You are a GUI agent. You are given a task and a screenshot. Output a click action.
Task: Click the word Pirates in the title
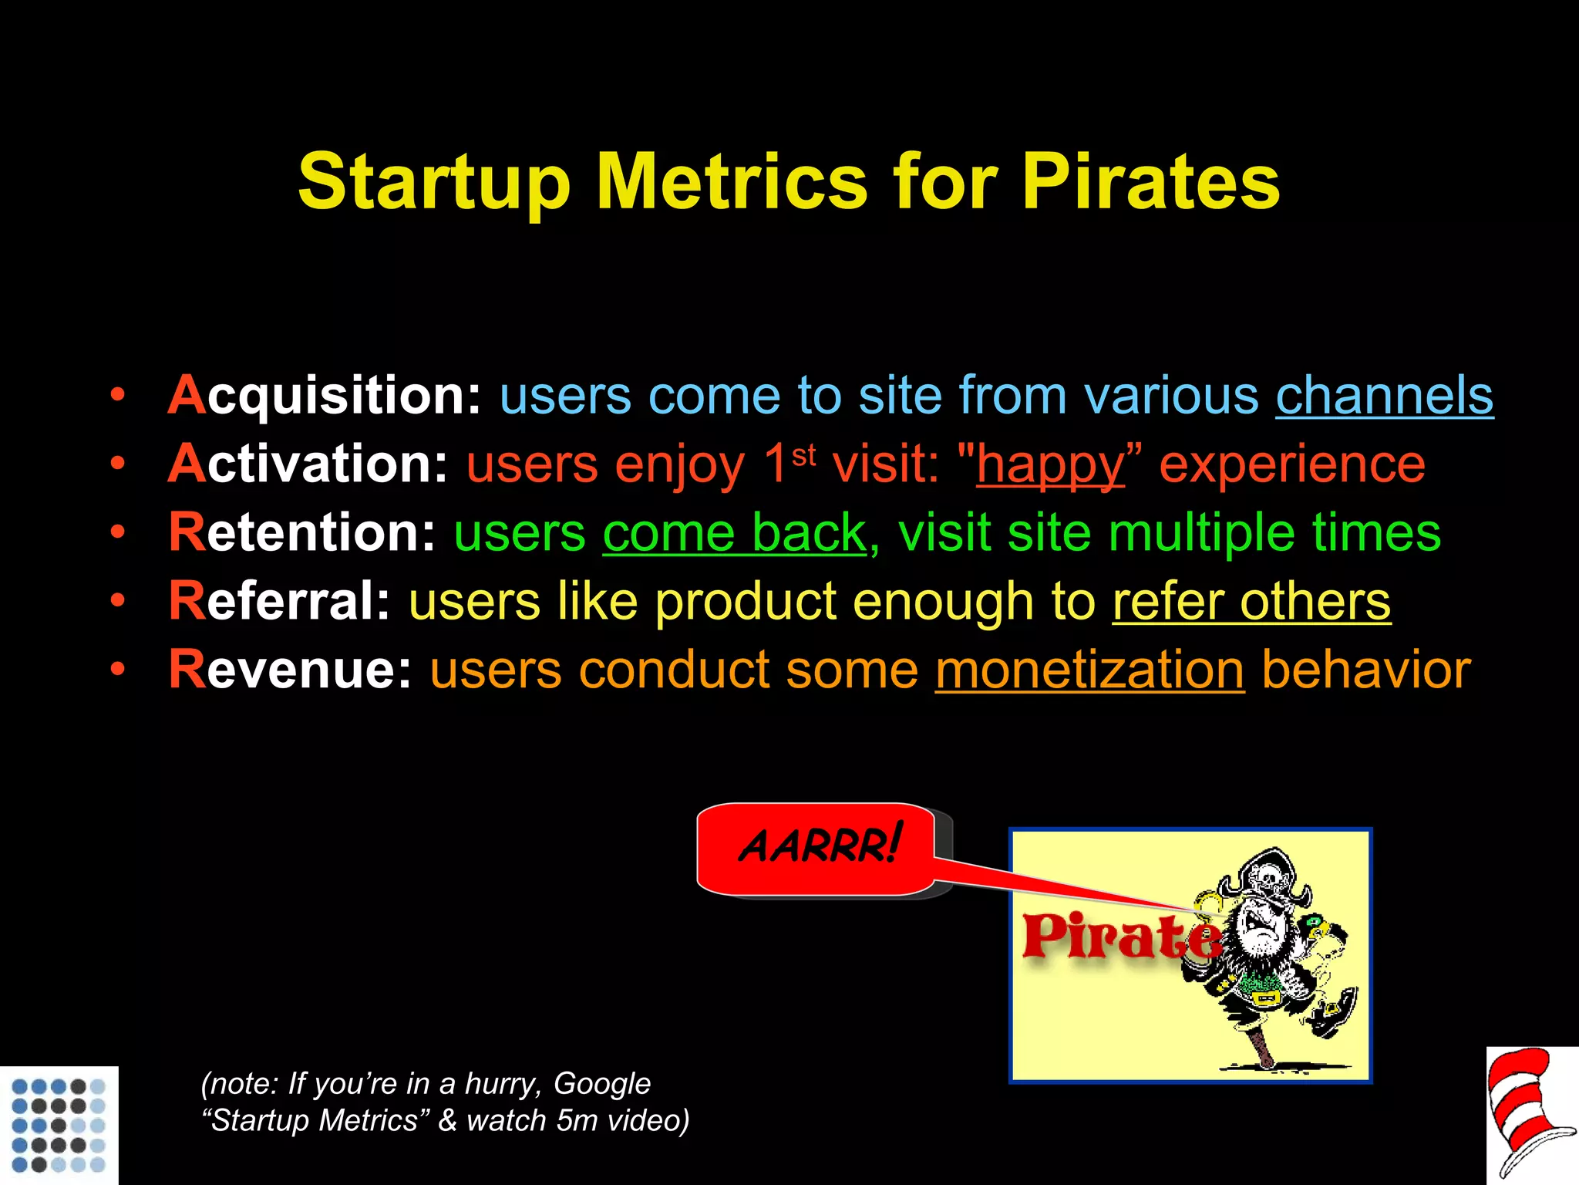pos(1150,182)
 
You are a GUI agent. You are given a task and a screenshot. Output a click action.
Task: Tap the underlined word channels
pos(1384,396)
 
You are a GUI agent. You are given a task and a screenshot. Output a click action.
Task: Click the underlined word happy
pos(1050,465)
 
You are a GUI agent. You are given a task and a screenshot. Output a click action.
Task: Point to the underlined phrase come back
pos(734,533)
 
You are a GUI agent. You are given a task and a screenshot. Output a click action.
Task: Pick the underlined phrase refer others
pos(1251,602)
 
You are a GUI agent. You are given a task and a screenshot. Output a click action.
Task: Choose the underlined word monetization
pos(1089,670)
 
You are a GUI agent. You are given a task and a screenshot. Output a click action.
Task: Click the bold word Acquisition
pos(324,396)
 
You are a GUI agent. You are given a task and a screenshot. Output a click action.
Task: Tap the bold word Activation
pos(307,464)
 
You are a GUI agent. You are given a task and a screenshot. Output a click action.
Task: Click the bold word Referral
pos(279,602)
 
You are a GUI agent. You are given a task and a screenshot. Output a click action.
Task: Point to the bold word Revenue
pos(290,670)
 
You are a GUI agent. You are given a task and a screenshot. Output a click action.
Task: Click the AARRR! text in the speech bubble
pos(819,846)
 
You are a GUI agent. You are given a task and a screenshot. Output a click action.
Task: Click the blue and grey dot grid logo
pos(59,1124)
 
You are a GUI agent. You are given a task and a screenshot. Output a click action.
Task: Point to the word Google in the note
pos(602,1084)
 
